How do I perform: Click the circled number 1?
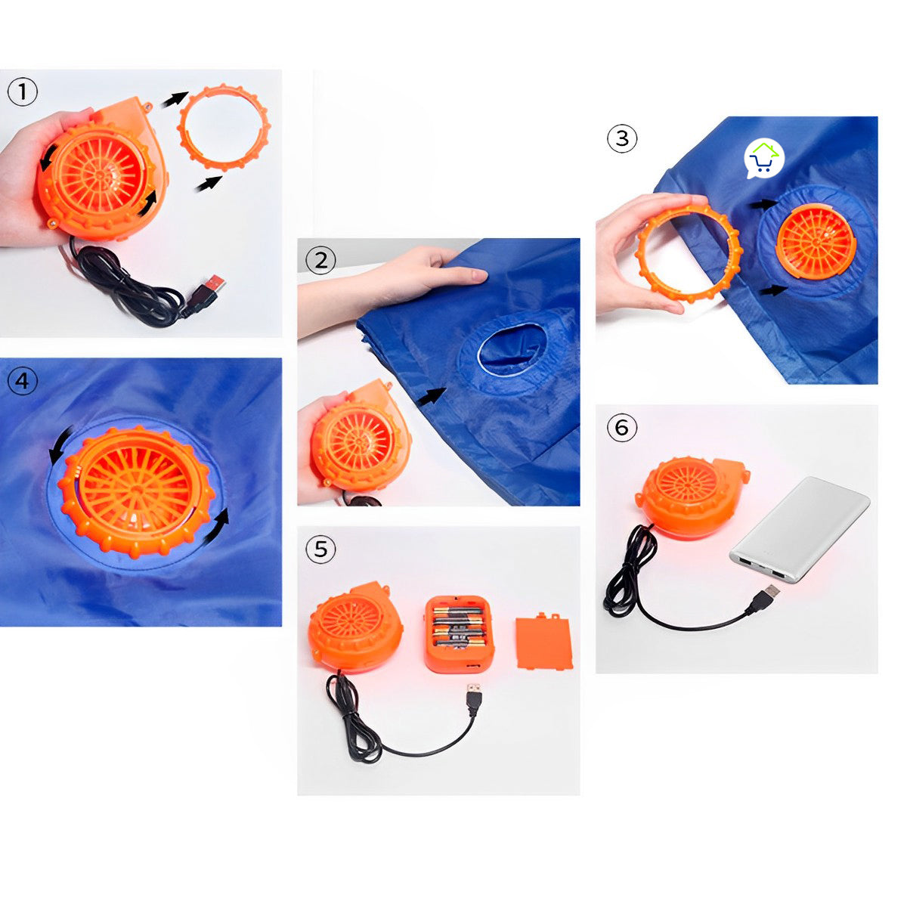point(23,91)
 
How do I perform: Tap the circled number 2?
point(320,260)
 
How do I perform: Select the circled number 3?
point(622,138)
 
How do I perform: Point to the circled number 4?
point(23,381)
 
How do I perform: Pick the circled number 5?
point(320,549)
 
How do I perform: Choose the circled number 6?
point(622,427)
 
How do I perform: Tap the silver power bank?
point(800,529)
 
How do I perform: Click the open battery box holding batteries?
point(460,633)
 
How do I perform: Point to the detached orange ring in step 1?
point(224,127)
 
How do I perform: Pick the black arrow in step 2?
point(432,396)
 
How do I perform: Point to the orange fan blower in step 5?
point(356,624)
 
